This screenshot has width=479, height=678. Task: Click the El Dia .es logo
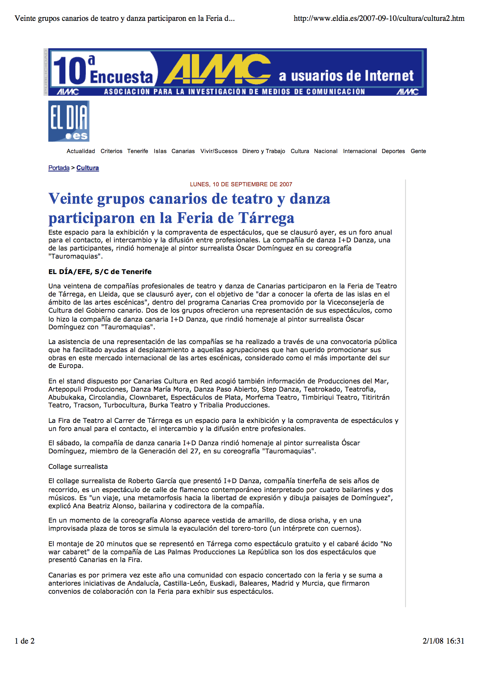click(x=69, y=121)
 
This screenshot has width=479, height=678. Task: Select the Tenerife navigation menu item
click(x=138, y=151)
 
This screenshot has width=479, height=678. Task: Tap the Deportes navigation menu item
click(x=393, y=151)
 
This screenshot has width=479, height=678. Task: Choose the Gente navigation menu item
click(x=418, y=151)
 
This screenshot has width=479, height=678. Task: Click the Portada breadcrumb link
click(x=59, y=168)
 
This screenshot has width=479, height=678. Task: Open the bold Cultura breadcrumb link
click(x=87, y=168)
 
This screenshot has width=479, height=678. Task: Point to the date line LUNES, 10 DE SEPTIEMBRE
click(x=241, y=184)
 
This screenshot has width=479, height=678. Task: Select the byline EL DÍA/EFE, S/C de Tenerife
click(x=100, y=272)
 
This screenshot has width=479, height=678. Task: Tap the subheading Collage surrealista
click(x=78, y=467)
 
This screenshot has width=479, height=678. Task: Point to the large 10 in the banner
click(x=70, y=71)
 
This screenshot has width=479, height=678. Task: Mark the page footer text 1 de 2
click(x=25, y=641)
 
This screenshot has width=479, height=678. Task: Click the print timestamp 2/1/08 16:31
click(x=443, y=641)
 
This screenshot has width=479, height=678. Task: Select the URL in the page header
click(x=379, y=18)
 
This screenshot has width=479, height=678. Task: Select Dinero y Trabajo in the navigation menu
click(x=264, y=151)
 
